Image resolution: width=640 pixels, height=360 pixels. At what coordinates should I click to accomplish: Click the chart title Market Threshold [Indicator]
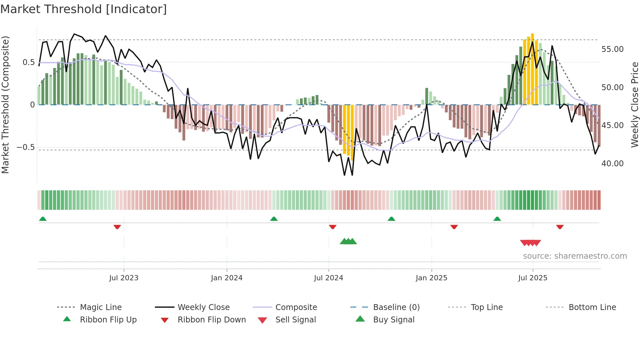[x=84, y=9]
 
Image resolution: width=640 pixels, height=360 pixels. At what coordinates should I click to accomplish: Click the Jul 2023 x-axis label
[x=124, y=278]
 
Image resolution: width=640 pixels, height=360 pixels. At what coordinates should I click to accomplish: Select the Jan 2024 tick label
[x=227, y=278]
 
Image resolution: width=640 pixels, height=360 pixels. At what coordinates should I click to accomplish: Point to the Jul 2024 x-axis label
[x=328, y=278]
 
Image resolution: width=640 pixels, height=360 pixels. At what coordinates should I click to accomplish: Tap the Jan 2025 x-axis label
[x=431, y=278]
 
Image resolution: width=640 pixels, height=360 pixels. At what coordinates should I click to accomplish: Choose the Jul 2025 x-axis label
[x=533, y=278]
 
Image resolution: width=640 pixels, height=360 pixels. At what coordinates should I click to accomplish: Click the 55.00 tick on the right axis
[x=612, y=49]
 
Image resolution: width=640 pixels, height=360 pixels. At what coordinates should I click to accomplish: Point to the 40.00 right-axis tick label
[x=612, y=163]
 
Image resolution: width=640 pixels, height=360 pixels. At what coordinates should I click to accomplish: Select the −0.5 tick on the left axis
[x=25, y=147]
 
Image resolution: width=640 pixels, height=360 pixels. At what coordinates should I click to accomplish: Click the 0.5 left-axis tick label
[x=28, y=62]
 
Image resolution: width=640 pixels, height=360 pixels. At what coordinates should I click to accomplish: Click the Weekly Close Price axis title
[x=634, y=105]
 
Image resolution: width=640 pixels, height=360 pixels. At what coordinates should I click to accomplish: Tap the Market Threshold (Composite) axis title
[x=5, y=105]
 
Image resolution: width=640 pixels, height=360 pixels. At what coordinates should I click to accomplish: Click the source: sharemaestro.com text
[x=575, y=256]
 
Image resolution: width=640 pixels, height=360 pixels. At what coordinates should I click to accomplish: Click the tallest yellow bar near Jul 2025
[x=532, y=69]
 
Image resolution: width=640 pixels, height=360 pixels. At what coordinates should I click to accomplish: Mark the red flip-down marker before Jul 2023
[x=117, y=227]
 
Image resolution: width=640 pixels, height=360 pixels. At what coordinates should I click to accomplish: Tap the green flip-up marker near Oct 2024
[x=391, y=219]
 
